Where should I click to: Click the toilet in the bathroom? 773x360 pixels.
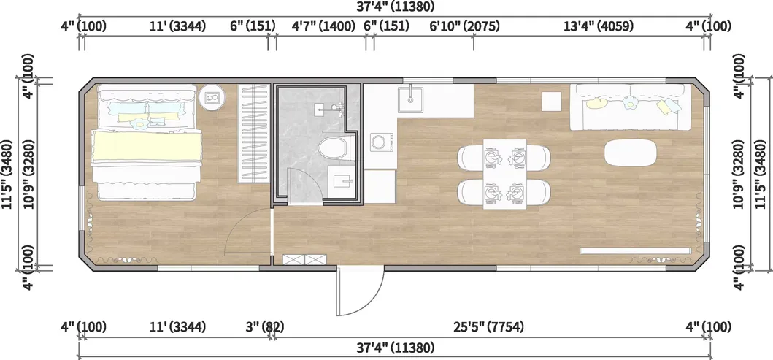(333, 149)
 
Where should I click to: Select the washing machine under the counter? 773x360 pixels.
(380, 142)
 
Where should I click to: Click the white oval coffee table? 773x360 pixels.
(631, 151)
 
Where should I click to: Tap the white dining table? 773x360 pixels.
(504, 174)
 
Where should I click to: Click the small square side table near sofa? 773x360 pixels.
(550, 100)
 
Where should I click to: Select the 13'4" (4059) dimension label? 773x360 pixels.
(598, 26)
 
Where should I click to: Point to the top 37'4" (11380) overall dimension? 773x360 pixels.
(396, 7)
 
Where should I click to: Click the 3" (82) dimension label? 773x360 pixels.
(264, 326)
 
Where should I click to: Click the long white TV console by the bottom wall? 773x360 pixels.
(635, 250)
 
